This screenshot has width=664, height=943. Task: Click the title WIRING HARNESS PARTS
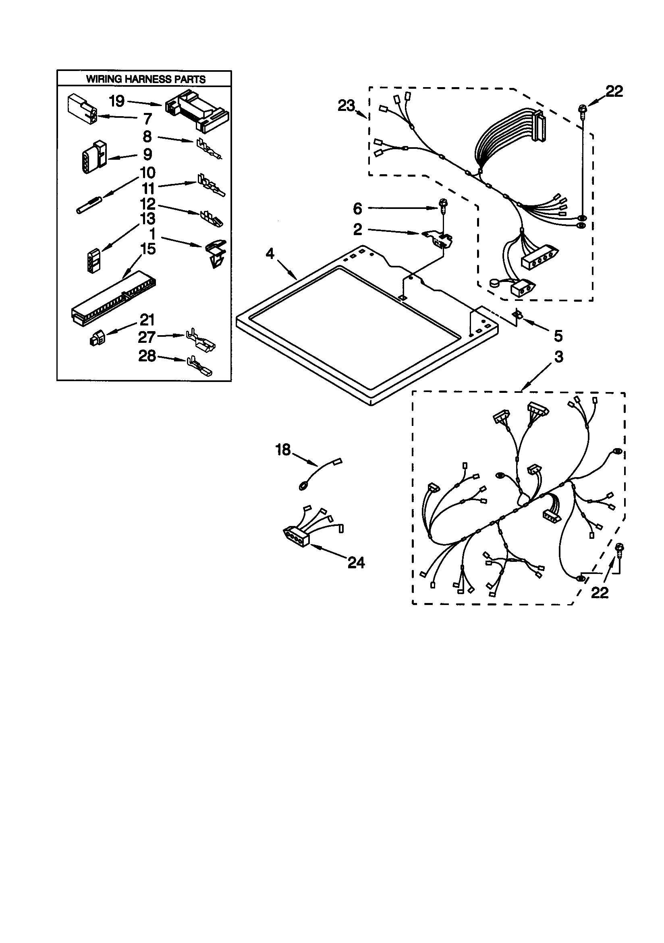point(146,79)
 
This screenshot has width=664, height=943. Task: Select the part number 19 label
point(117,101)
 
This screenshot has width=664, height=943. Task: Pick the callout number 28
point(147,356)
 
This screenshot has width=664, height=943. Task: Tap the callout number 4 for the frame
point(270,254)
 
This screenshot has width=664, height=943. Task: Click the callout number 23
point(347,106)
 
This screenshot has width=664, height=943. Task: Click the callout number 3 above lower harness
point(559,357)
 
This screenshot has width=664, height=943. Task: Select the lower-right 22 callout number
point(599,593)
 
